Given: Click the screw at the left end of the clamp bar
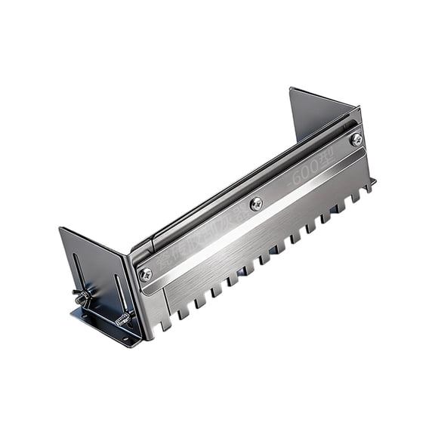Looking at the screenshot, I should [146, 274].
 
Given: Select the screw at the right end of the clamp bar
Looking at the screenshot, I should [356, 139].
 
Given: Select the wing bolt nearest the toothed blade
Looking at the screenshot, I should [121, 317].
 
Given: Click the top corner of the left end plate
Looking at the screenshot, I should [60, 229].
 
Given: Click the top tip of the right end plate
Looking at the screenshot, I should [292, 89].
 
